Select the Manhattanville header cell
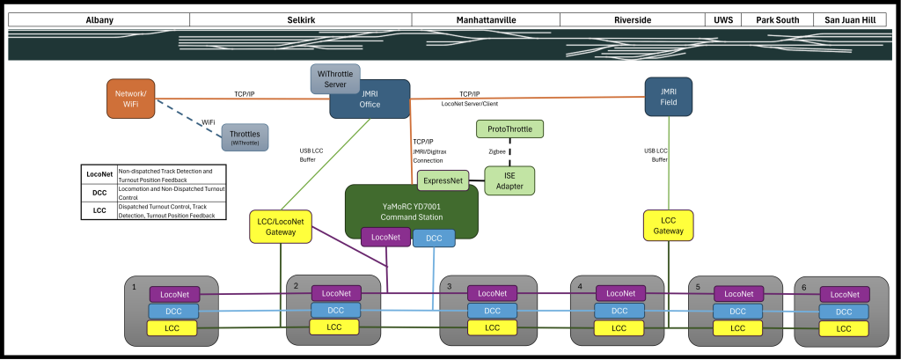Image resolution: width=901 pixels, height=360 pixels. pos(486,19)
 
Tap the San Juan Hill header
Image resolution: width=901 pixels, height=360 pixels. pos(848,19)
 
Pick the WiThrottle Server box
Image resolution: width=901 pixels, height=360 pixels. pos(334,78)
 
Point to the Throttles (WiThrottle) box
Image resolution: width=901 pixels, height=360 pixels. pos(245,137)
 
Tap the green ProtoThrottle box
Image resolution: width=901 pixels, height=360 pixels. pos(509,129)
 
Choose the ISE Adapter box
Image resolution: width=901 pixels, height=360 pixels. pos(509,181)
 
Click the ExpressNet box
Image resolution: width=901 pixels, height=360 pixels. pos(443,180)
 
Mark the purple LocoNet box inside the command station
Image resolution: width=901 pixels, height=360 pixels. pos(385,237)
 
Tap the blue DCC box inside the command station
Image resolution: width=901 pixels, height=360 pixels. pos(434,239)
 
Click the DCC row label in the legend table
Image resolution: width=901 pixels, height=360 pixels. pos(98,191)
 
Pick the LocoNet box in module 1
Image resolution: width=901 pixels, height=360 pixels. pos(175,294)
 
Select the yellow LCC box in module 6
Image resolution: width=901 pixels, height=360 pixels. pos(844,328)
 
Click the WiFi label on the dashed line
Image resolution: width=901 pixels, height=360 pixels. pos(209,121)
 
